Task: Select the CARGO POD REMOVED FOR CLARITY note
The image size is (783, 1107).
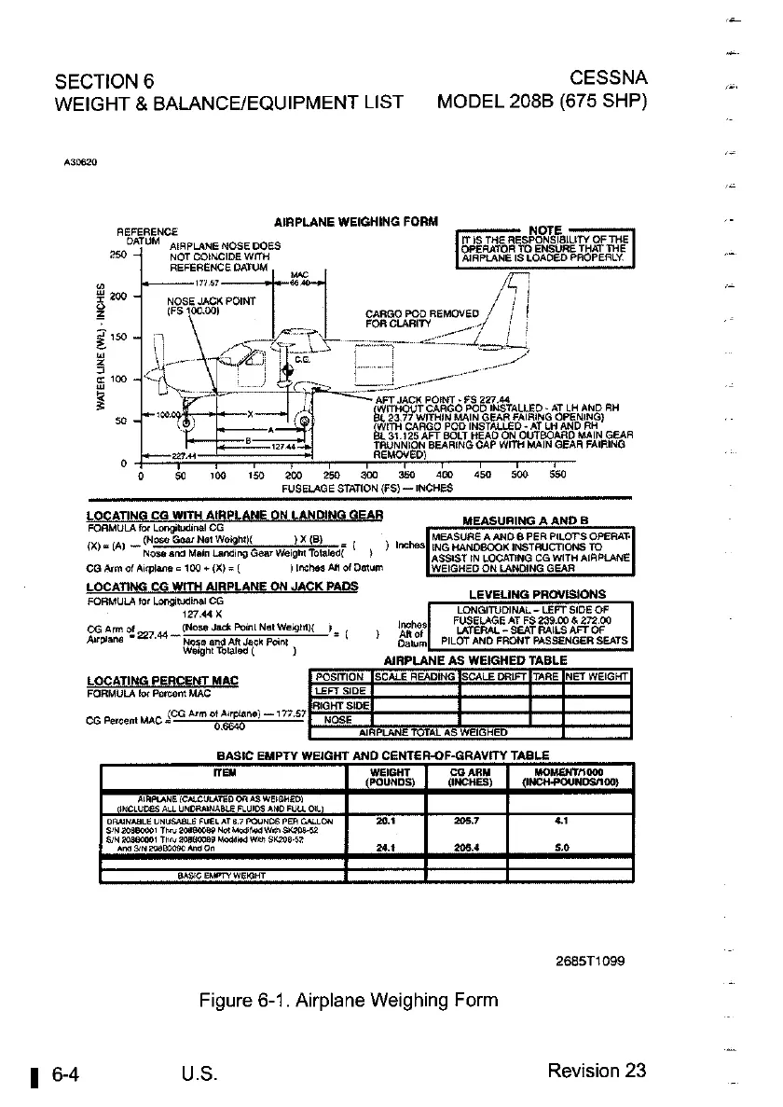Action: pyautogui.click(x=401, y=318)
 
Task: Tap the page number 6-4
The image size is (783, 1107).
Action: pyautogui.click(x=64, y=1071)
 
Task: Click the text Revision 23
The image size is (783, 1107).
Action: pyautogui.click(x=597, y=1070)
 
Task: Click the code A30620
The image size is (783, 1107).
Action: pyautogui.click(x=82, y=160)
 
